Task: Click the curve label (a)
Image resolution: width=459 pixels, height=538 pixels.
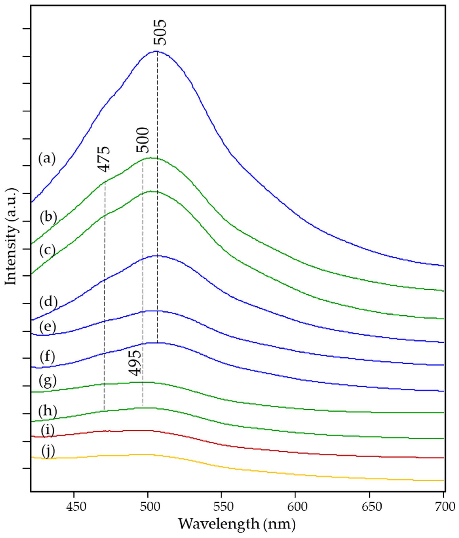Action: point(47,159)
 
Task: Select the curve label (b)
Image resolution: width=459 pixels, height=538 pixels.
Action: point(48,217)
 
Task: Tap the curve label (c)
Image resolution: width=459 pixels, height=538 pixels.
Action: point(47,250)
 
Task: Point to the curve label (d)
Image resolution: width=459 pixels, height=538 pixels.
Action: point(48,302)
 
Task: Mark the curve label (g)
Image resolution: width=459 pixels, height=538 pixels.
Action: point(47,382)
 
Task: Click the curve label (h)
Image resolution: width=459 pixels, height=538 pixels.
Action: point(47,411)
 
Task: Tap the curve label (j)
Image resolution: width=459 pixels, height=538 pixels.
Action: point(48,452)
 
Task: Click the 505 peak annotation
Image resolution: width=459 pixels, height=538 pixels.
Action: point(159,32)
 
